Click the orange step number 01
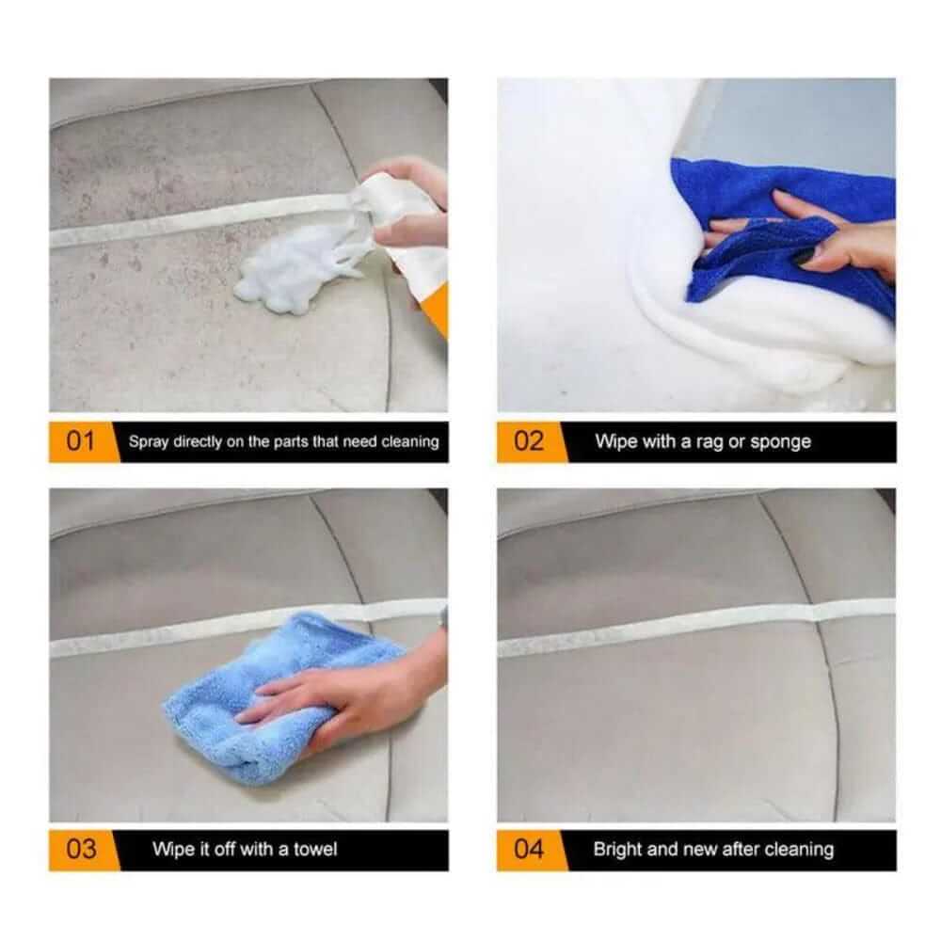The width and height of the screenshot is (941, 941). coord(81,441)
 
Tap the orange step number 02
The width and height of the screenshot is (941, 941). coord(529,441)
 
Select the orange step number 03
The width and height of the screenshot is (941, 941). coord(81,849)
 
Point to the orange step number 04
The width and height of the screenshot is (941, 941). coord(529,849)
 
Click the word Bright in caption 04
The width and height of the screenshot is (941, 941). coord(617,849)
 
